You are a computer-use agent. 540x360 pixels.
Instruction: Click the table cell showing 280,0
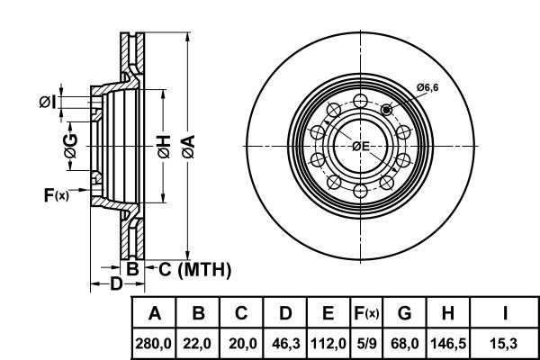pyautogui.click(x=153, y=344)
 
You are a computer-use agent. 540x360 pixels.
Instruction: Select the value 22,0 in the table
pyautogui.click(x=197, y=344)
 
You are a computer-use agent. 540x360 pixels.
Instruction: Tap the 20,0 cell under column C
pyautogui.click(x=242, y=344)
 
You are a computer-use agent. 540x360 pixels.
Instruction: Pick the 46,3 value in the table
pyautogui.click(x=286, y=344)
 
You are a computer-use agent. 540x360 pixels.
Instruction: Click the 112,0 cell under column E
pyautogui.click(x=328, y=344)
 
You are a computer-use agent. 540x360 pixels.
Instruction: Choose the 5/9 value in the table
pyautogui.click(x=367, y=344)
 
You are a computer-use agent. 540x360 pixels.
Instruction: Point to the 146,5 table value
pyautogui.click(x=448, y=344)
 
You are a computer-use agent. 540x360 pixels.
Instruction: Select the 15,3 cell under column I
pyautogui.click(x=503, y=344)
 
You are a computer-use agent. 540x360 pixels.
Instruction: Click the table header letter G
pyautogui.click(x=404, y=313)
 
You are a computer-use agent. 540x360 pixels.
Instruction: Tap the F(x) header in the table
pyautogui.click(x=366, y=313)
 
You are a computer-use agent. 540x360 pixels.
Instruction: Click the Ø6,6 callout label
pyautogui.click(x=427, y=87)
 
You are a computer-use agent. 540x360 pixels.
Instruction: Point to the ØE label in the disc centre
pyautogui.click(x=361, y=147)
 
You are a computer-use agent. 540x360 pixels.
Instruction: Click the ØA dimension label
pyautogui.click(x=188, y=147)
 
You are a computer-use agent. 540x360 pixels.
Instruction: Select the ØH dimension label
pyautogui.click(x=164, y=147)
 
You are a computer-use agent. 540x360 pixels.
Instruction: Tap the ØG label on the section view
pyautogui.click(x=70, y=147)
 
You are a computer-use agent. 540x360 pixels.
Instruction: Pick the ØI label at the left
pyautogui.click(x=47, y=102)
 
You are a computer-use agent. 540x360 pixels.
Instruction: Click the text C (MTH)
pyautogui.click(x=194, y=269)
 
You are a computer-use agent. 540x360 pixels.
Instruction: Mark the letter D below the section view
pyautogui.click(x=116, y=283)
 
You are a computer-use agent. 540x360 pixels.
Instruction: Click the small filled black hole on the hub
pyautogui.click(x=387, y=110)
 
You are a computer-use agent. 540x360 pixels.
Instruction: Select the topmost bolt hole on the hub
pyautogui.click(x=361, y=102)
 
